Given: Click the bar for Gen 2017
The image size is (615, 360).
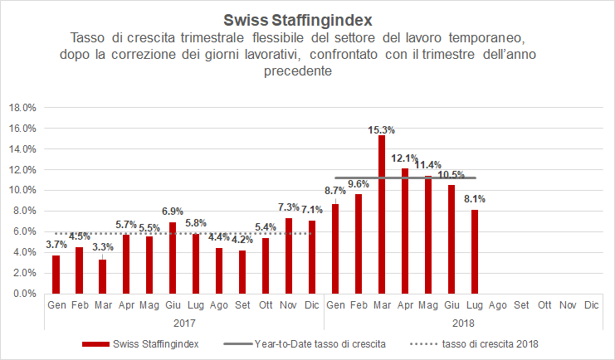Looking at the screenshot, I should [56, 275].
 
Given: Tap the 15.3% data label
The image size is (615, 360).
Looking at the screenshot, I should [382, 129].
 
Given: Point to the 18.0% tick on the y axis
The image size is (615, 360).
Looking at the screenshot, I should [22, 108].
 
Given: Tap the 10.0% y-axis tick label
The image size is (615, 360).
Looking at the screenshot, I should [22, 190].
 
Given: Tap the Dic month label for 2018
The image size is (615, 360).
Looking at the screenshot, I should [591, 305].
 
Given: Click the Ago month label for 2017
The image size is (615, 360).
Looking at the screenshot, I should [218, 305].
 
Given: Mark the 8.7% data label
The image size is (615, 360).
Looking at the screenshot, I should [334, 192].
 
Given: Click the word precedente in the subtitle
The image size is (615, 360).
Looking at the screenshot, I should [307, 71].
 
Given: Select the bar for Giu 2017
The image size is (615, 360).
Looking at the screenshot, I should [173, 258].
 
